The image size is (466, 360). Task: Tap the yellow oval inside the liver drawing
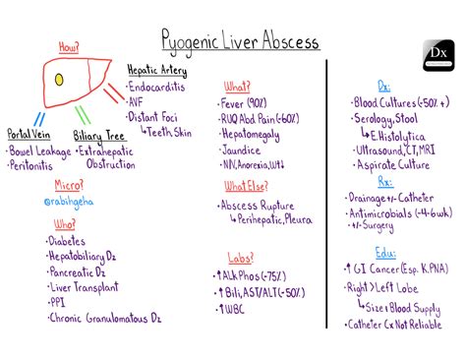60,78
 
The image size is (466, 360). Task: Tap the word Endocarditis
162,86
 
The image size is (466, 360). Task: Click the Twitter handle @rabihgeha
68,201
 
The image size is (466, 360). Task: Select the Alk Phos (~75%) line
254,274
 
